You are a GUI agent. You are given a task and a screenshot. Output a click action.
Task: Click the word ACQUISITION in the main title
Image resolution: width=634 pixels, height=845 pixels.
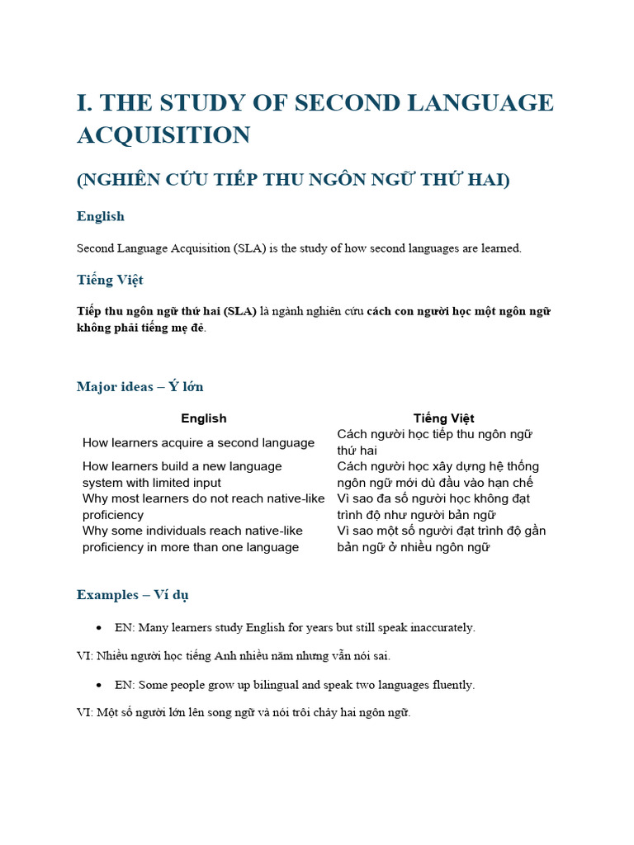click(x=163, y=135)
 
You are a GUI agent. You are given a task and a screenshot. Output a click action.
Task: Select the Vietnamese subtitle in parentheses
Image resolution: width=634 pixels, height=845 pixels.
click(x=293, y=179)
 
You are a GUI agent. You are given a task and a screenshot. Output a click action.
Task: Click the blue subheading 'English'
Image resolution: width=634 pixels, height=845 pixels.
click(x=101, y=216)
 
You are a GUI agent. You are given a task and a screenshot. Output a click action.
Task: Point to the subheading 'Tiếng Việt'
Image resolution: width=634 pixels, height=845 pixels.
click(x=110, y=280)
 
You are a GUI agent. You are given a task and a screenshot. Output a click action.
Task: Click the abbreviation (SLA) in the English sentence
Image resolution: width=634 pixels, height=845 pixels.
click(x=248, y=248)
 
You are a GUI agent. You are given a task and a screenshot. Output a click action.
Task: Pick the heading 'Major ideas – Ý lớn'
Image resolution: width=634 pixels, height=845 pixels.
click(x=140, y=386)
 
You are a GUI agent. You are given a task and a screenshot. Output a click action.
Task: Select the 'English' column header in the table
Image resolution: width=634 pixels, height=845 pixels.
click(x=203, y=418)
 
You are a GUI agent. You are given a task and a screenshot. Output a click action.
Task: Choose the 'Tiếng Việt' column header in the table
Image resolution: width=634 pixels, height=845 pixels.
click(x=443, y=418)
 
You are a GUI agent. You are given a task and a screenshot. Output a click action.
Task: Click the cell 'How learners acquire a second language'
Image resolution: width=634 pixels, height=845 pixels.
click(x=198, y=443)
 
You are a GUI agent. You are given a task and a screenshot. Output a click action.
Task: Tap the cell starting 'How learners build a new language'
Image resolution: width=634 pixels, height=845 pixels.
click(x=182, y=474)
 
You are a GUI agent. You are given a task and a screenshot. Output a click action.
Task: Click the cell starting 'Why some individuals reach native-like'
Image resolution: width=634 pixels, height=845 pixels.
click(x=191, y=539)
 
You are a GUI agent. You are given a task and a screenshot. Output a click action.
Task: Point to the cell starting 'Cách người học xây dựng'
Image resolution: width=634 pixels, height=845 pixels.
click(x=438, y=474)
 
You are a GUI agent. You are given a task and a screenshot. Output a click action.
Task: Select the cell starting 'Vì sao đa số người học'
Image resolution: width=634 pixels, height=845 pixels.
click(x=433, y=507)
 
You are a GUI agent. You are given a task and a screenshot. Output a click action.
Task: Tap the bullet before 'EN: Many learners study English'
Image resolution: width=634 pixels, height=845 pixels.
click(x=99, y=628)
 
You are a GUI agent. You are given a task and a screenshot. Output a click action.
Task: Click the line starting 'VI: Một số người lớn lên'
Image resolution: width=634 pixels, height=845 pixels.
click(x=244, y=713)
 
